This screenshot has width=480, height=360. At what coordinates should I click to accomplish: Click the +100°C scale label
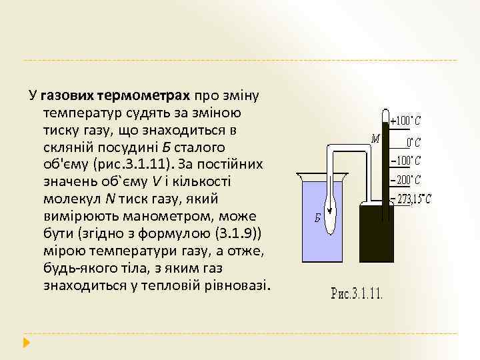407,122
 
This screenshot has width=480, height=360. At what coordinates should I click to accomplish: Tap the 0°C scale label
413,142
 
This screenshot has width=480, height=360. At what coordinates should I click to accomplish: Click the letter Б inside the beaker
318,218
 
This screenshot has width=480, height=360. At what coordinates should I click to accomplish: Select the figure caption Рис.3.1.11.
357,293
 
